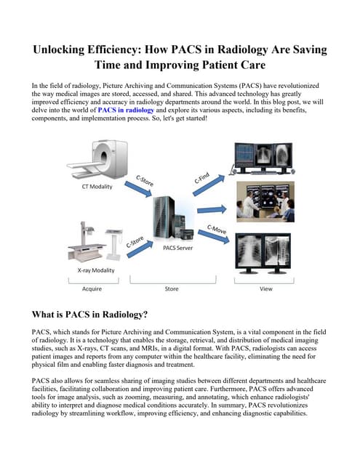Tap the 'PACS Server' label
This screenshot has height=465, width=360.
click(180, 248)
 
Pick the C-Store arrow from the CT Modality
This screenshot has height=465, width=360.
click(146, 182)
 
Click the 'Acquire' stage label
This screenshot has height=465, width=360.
click(92, 288)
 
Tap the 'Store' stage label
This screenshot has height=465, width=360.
click(172, 288)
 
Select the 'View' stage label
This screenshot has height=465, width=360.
click(266, 288)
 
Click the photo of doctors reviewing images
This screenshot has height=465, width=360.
click(266, 202)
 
